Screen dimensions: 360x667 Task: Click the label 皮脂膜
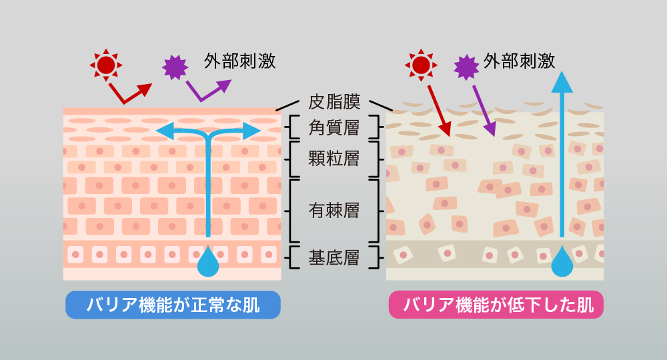point(334,102)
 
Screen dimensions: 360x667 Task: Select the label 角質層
point(334,127)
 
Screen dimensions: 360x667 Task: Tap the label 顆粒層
point(334,159)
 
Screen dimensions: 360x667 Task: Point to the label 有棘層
point(334,211)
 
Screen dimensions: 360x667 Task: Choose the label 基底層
point(334,257)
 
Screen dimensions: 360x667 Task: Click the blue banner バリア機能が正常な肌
point(173,305)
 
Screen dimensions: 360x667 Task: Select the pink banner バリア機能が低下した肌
point(496,305)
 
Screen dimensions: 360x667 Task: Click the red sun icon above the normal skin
point(105,65)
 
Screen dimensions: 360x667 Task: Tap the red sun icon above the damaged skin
point(421,65)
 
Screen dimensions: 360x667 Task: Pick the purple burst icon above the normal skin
point(175,67)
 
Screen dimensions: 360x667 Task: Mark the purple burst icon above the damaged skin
point(466,67)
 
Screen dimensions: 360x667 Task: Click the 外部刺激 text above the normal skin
point(240,62)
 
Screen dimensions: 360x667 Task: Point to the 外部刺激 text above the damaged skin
point(520,62)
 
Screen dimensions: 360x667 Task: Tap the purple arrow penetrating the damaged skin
point(483,107)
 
